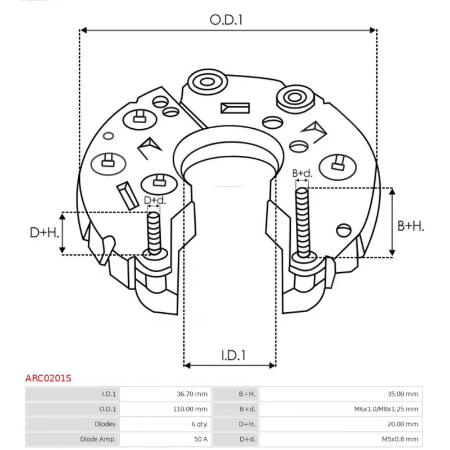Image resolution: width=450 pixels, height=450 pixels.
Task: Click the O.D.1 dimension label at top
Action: (226, 20)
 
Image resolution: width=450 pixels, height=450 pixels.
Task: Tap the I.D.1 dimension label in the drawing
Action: (233, 355)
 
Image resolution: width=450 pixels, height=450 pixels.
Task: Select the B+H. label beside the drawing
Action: (411, 226)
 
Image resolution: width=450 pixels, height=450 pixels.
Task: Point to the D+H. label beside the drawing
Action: (44, 232)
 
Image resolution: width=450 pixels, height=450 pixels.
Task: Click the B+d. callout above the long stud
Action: (302, 173)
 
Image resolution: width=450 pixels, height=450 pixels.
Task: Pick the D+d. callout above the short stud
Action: (155, 200)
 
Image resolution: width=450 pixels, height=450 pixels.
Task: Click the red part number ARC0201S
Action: (48, 378)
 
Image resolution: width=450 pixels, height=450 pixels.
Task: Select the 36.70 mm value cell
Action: (192, 394)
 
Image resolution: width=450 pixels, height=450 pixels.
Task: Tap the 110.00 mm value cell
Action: (190, 409)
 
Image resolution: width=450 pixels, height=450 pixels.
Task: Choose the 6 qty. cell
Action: (200, 424)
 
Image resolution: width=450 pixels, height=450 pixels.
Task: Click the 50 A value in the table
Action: (201, 439)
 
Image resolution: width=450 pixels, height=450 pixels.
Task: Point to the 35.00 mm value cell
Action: (403, 394)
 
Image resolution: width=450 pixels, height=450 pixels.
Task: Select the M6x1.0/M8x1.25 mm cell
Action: (386, 409)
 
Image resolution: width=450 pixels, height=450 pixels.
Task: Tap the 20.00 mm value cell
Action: (403, 424)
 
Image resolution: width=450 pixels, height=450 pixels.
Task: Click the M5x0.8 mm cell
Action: (400, 439)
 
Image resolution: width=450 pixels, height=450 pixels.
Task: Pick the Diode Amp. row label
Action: (98, 439)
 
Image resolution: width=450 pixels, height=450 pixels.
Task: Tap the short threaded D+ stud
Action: (154, 233)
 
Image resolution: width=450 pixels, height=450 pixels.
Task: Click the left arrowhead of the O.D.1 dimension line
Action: (83, 30)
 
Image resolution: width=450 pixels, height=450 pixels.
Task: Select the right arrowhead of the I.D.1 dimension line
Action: (273, 365)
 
